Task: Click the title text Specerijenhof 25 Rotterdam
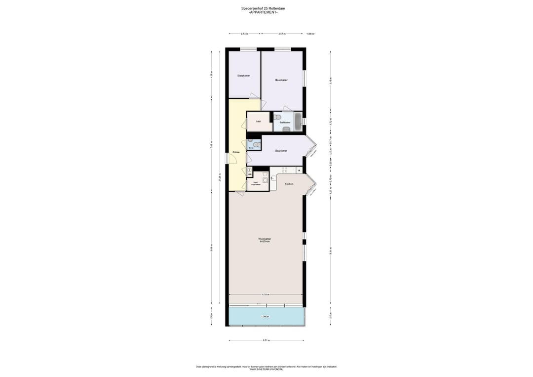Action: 266,8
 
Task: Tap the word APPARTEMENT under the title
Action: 266,12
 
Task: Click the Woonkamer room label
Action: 265,240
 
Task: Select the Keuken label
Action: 289,184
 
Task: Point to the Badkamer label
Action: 284,122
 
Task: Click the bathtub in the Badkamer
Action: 298,122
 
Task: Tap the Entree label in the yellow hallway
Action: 236,152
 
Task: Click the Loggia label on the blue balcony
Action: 266,316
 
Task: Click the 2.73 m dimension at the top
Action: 244,34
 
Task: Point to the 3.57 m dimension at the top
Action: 282,34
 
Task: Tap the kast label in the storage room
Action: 258,121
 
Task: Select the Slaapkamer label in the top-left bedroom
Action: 243,76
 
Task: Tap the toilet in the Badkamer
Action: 278,118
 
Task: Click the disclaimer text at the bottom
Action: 266,367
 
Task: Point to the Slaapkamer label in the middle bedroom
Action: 281,151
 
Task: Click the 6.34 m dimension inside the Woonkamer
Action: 266,294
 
